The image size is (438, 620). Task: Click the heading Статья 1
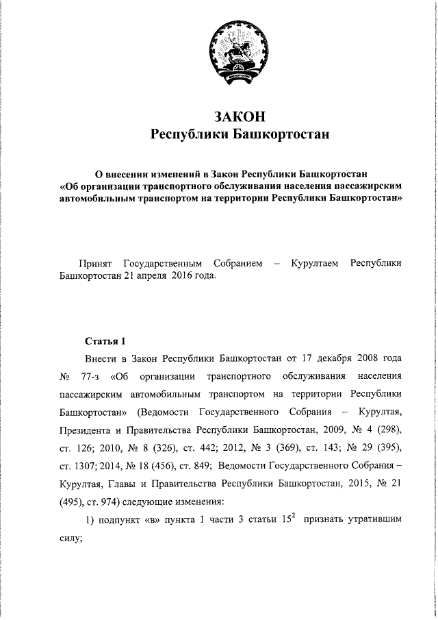point(105,340)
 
